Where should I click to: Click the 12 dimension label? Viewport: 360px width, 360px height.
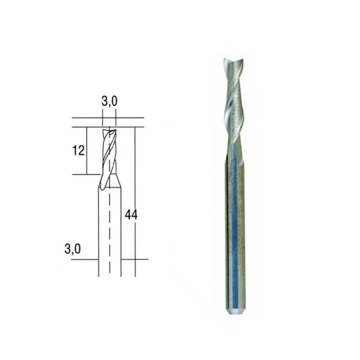pos(79,150)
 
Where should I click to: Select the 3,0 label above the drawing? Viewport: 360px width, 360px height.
pos(110,102)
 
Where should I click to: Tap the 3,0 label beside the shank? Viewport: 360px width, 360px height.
pos(73,249)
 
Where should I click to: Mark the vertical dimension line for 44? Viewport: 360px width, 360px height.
pos(135,200)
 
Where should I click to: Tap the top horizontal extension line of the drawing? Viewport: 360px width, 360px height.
pos(107,119)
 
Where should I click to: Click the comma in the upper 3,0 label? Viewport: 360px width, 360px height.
pos(109,105)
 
